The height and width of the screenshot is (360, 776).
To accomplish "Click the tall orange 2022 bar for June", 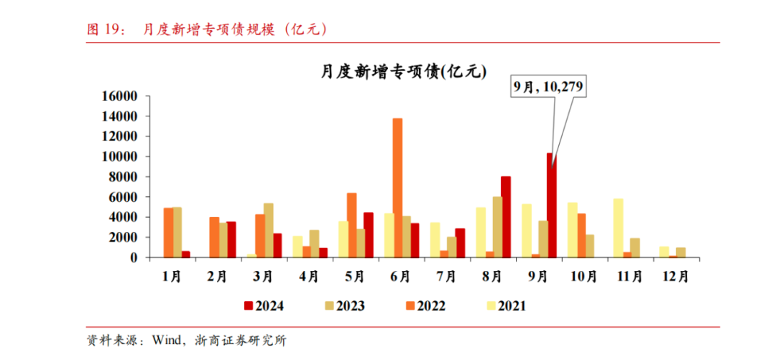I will point(397,187).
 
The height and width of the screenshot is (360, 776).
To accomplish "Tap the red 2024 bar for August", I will point(505,216).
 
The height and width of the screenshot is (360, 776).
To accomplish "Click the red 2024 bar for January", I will point(186,254).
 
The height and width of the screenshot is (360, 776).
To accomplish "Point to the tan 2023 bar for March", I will point(268,230).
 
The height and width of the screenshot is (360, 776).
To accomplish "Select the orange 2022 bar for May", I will point(351,225).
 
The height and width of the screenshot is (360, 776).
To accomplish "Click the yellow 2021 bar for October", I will point(573,229).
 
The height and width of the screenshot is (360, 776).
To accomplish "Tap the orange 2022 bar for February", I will point(214,236).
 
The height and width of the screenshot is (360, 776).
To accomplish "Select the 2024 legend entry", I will point(264,306).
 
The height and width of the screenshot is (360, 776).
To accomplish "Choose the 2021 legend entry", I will point(507,306).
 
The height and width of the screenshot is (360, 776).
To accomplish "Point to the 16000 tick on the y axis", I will point(120,96).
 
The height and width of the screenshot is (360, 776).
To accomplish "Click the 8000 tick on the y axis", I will point(124,177).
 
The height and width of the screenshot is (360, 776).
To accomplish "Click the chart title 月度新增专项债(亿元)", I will point(404,71).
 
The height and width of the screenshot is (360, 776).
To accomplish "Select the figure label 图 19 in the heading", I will point(101,29).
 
